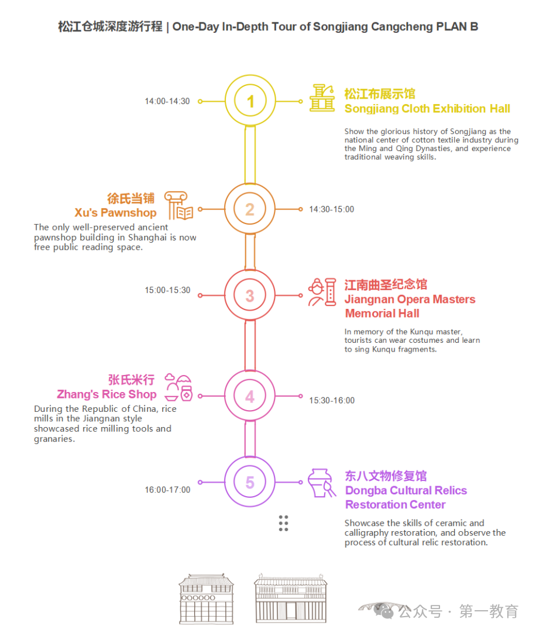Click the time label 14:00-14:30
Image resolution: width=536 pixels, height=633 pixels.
(167, 101)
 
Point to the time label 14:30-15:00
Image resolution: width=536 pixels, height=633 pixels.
(332, 209)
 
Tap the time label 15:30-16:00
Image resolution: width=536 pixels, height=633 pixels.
(332, 401)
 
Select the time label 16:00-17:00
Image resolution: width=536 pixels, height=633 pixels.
(167, 490)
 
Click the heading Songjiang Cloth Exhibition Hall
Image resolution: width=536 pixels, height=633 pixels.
(427, 109)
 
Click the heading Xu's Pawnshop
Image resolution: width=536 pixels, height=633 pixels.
(115, 213)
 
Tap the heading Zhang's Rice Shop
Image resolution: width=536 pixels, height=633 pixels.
(106, 394)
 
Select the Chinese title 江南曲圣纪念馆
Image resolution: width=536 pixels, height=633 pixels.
(386, 284)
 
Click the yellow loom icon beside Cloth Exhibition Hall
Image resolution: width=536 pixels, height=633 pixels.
(322, 98)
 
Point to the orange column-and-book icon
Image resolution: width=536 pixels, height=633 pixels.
(178, 205)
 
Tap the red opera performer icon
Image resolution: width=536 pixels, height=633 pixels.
(322, 292)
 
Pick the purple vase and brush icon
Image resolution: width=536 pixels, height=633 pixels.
(322, 483)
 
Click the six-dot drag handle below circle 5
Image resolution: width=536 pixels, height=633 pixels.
(284, 523)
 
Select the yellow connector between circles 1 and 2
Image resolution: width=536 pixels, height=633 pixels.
(250, 155)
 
